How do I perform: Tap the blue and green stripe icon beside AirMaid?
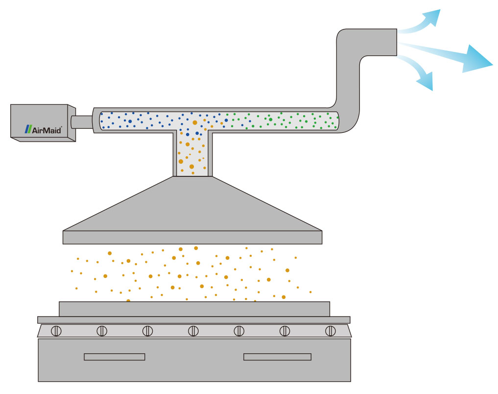point(29,129)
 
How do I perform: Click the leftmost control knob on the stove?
point(56,331)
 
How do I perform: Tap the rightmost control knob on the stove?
point(331,331)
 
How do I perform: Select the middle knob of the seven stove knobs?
point(193,331)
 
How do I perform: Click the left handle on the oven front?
point(114,357)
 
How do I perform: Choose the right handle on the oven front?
point(277,357)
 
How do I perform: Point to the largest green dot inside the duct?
point(270,119)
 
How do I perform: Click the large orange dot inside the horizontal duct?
point(195,122)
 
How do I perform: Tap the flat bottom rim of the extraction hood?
point(192,237)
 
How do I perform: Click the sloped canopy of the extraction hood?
point(192,206)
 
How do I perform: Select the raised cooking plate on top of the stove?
point(194,309)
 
